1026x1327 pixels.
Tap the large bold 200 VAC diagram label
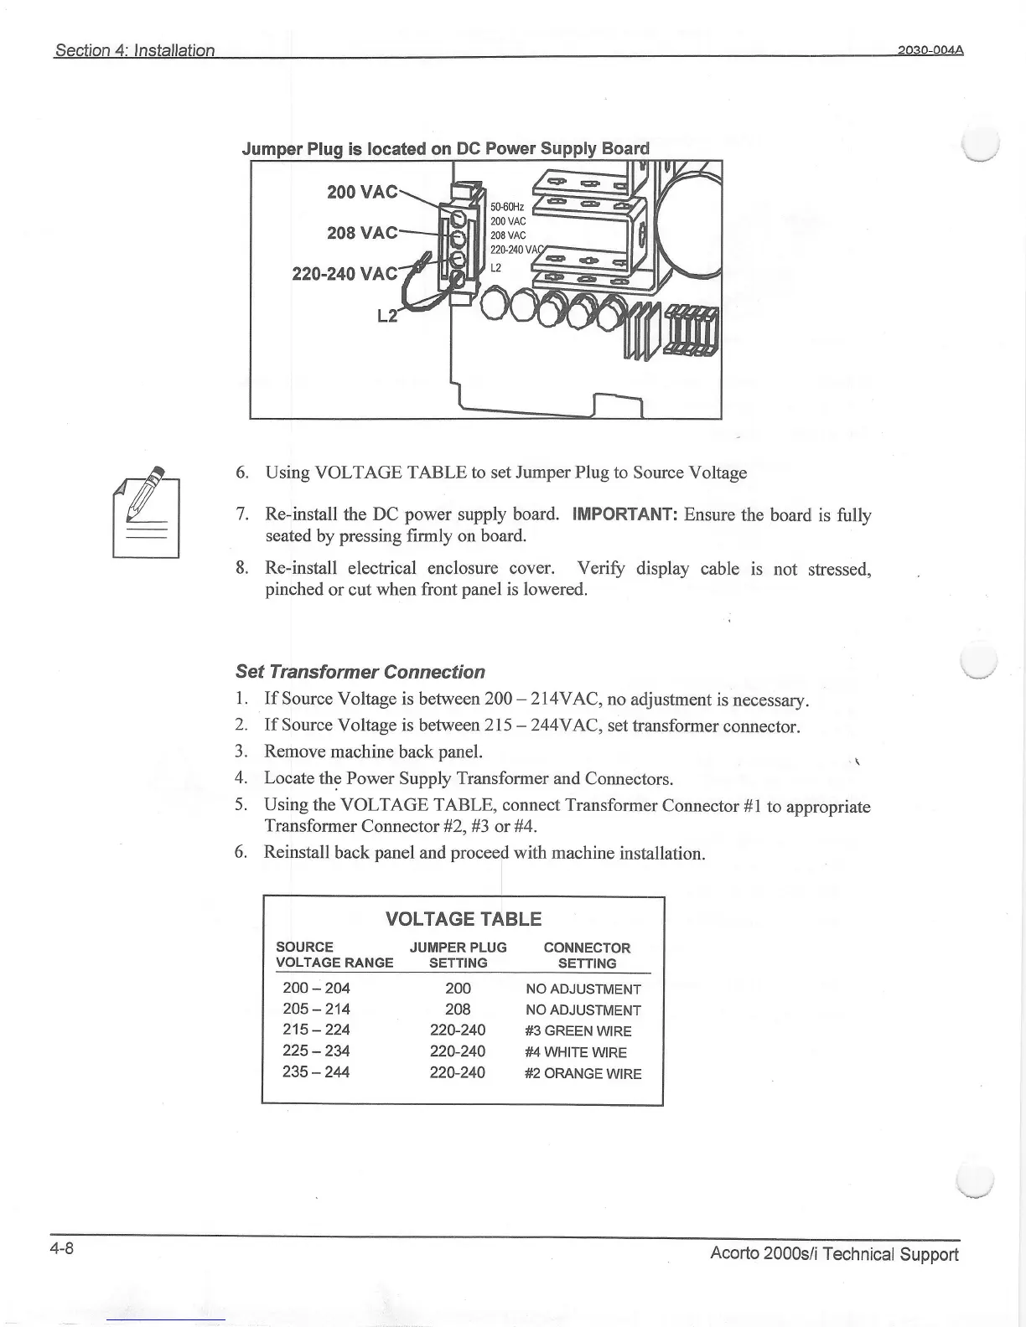click(x=361, y=192)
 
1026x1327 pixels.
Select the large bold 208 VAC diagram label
click(x=361, y=232)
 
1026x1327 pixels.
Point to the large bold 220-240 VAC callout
click(x=344, y=274)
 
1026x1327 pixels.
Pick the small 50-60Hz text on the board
click(x=507, y=207)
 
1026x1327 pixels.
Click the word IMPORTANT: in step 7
click(x=624, y=514)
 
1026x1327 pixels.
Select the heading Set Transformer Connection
click(x=360, y=672)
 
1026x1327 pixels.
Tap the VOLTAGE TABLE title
click(x=464, y=919)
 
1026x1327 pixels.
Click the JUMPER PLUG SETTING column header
click(x=459, y=955)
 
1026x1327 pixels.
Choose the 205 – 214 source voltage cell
click(x=317, y=1009)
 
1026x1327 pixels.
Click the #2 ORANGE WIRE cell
click(x=583, y=1073)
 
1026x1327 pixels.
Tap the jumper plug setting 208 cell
click(x=458, y=1009)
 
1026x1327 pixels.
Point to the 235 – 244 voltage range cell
click(x=317, y=1072)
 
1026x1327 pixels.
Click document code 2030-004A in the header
click(x=930, y=49)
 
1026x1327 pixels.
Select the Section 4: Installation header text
click(x=135, y=50)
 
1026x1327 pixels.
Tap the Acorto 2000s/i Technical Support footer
click(x=833, y=1254)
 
